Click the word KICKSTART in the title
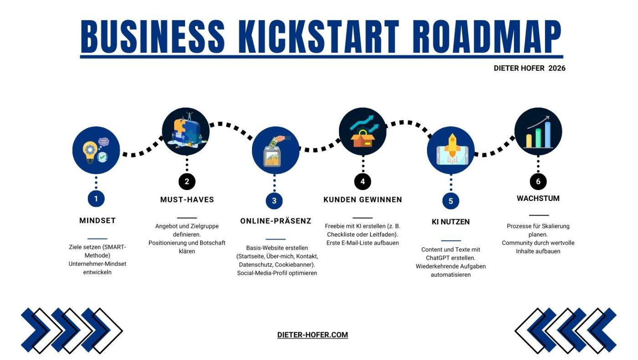tap(319, 37)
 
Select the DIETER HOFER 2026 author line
tap(530, 68)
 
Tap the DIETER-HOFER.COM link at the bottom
tap(313, 335)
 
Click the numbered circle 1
tap(96, 199)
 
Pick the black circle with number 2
tap(187, 181)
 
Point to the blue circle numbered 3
tap(274, 201)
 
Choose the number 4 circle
tap(363, 181)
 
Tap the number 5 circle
tap(451, 201)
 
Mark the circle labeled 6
tap(538, 181)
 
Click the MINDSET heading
tap(98, 221)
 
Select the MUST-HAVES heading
tap(187, 200)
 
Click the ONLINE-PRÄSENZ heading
tap(276, 221)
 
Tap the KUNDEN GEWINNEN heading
tap(363, 200)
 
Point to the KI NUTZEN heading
tap(451, 222)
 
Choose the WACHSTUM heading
tap(538, 199)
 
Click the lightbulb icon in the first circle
tap(89, 152)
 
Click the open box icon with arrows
tap(363, 132)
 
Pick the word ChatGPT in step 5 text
tap(437, 258)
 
